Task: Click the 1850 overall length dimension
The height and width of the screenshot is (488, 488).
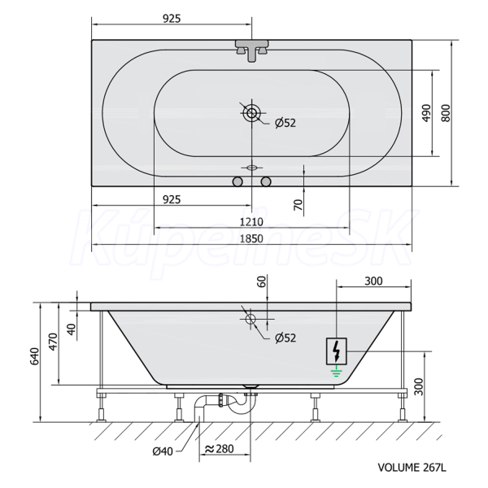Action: coord(251,238)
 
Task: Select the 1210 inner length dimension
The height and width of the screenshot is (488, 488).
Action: coord(251,222)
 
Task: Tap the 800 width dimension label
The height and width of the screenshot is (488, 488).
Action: coord(446,113)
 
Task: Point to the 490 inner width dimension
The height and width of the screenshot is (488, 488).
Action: coord(427,113)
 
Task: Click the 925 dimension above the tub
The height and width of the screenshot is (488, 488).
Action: coord(172,19)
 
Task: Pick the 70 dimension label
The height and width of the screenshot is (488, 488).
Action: coord(298,205)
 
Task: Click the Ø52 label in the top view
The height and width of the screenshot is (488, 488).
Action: coord(285,123)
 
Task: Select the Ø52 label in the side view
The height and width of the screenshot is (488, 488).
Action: coord(285,338)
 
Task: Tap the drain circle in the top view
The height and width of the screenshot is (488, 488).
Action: coord(251,113)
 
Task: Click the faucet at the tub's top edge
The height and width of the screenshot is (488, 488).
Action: coord(251,50)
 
